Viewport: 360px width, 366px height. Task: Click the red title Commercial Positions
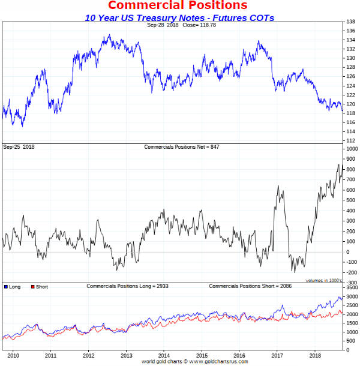[x=177, y=6]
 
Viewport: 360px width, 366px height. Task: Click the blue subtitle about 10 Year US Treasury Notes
[x=179, y=17]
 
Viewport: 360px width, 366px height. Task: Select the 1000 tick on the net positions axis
[x=350, y=148]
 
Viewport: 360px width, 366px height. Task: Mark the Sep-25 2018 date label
[x=18, y=146]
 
